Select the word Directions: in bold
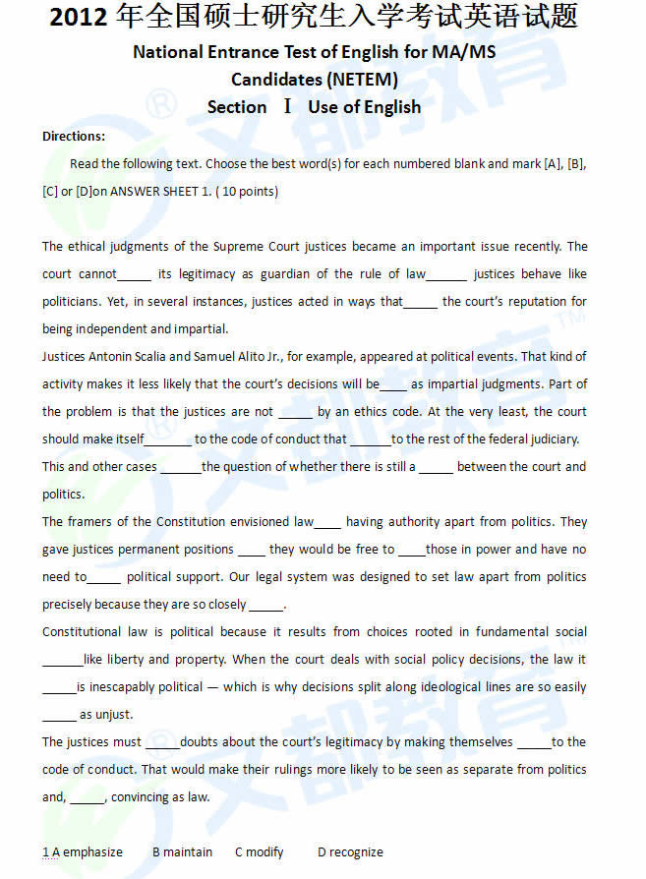click(74, 137)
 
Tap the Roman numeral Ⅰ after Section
click(287, 106)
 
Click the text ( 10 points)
click(245, 192)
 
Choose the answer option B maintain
click(183, 851)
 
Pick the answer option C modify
click(260, 851)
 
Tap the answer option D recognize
click(350, 851)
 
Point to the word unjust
click(114, 715)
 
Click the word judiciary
click(547, 439)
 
